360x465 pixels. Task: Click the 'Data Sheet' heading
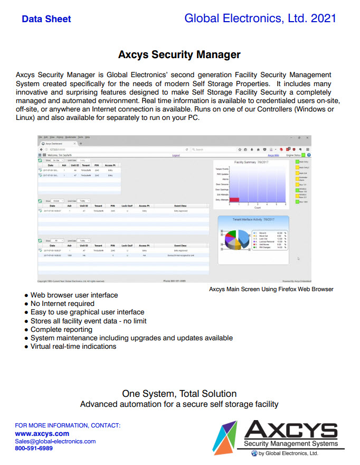[x=46, y=19]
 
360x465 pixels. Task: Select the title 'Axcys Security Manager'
[x=179, y=54]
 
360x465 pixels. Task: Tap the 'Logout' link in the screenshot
[x=176, y=155]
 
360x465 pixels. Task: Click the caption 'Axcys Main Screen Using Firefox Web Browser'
[x=271, y=289]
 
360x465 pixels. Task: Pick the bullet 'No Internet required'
[x=62, y=304]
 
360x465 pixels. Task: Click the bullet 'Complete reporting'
[x=61, y=329]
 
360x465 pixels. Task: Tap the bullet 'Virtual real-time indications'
[x=73, y=347]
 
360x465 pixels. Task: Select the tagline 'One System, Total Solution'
[x=179, y=394]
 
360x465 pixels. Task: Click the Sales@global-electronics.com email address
[x=55, y=441]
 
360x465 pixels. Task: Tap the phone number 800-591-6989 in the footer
[x=34, y=449]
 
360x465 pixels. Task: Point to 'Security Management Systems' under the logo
[x=290, y=444]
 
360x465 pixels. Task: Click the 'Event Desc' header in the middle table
[x=181, y=205]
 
